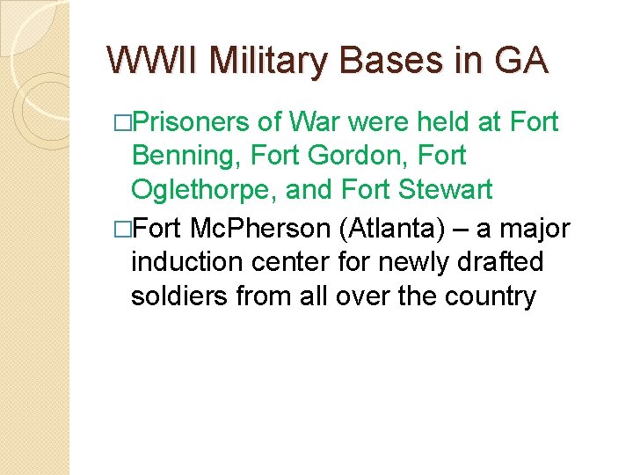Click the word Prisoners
click(194, 121)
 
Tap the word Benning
click(186, 157)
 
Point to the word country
click(488, 297)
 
